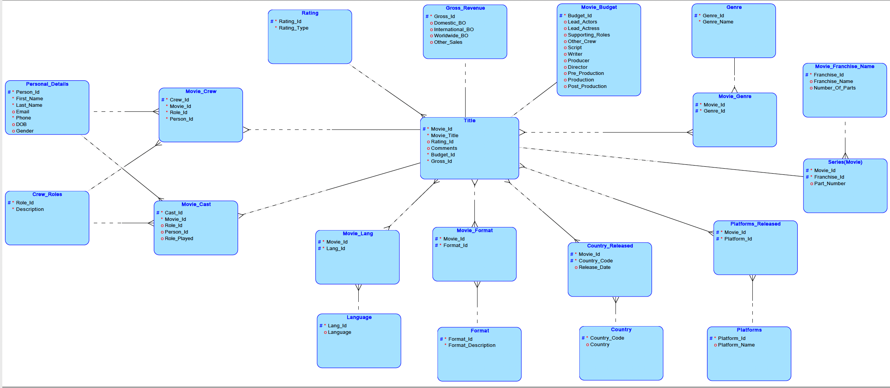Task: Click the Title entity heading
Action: point(469,121)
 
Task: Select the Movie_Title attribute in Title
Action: point(444,136)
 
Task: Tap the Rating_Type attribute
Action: point(293,28)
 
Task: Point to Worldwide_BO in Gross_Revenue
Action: point(451,36)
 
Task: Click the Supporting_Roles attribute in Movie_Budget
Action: point(589,35)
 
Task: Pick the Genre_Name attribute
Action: point(718,22)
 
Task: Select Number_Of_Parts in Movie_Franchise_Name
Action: point(835,88)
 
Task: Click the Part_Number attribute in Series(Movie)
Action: point(830,184)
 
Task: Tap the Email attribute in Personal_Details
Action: point(22,112)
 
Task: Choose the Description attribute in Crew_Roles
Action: point(30,209)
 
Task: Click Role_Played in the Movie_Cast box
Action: point(179,239)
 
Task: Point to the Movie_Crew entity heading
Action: point(201,91)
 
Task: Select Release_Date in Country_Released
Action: point(594,267)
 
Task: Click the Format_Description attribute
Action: point(472,345)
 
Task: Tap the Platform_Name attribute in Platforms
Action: point(736,345)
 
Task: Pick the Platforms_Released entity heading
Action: point(755,224)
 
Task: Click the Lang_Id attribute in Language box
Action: point(337,326)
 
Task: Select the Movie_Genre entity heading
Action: point(735,96)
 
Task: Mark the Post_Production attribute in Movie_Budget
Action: point(587,86)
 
